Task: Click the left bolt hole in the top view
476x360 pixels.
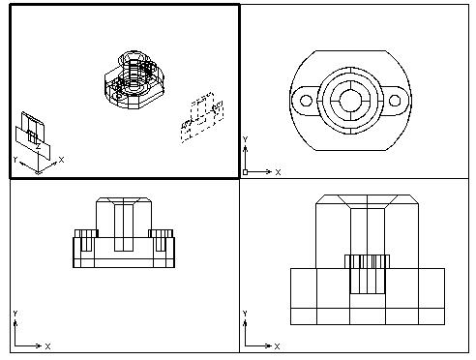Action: pyautogui.click(x=306, y=101)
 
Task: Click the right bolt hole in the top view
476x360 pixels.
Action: pyautogui.click(x=395, y=101)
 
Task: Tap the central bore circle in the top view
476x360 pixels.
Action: pyautogui.click(x=350, y=101)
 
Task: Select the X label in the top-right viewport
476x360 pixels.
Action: pyautogui.click(x=278, y=172)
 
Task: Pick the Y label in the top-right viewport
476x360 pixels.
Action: pyautogui.click(x=245, y=139)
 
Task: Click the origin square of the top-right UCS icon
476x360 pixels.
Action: pyautogui.click(x=245, y=172)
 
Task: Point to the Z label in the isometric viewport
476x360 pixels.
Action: pyautogui.click(x=38, y=147)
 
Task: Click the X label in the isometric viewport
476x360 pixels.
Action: pyautogui.click(x=61, y=160)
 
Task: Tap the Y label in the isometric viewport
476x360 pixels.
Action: pyautogui.click(x=15, y=160)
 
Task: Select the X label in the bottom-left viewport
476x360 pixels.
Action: pyautogui.click(x=47, y=346)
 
